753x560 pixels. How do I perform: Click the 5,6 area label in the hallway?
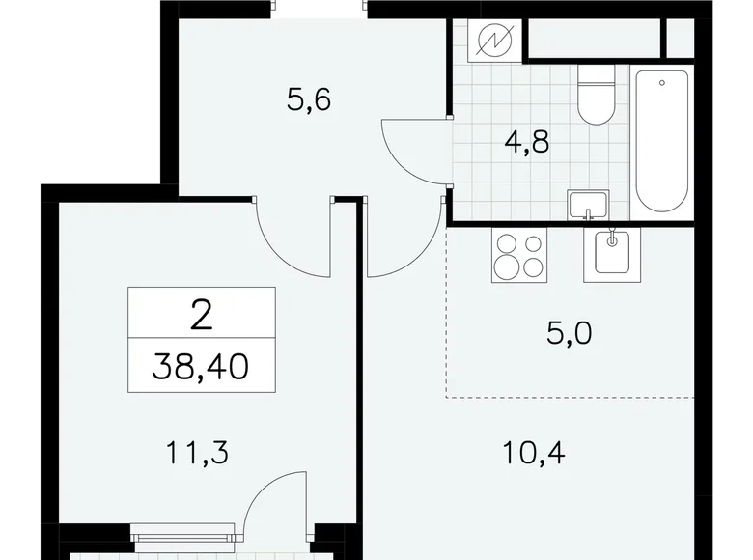point(309,99)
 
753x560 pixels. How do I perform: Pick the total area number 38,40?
point(202,368)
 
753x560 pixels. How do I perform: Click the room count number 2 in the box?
point(202,314)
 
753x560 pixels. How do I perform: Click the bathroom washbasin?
point(587,205)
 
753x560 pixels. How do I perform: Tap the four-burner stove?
point(518,255)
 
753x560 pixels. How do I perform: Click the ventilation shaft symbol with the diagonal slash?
point(495,42)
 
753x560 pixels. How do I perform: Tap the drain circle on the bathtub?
point(662,83)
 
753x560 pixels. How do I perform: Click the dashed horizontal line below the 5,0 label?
point(570,397)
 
